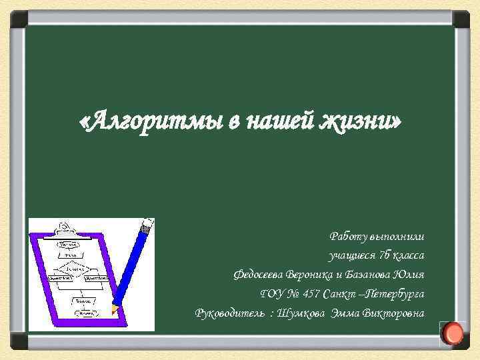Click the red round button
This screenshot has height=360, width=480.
point(453,333)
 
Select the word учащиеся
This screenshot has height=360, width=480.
point(350,255)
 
